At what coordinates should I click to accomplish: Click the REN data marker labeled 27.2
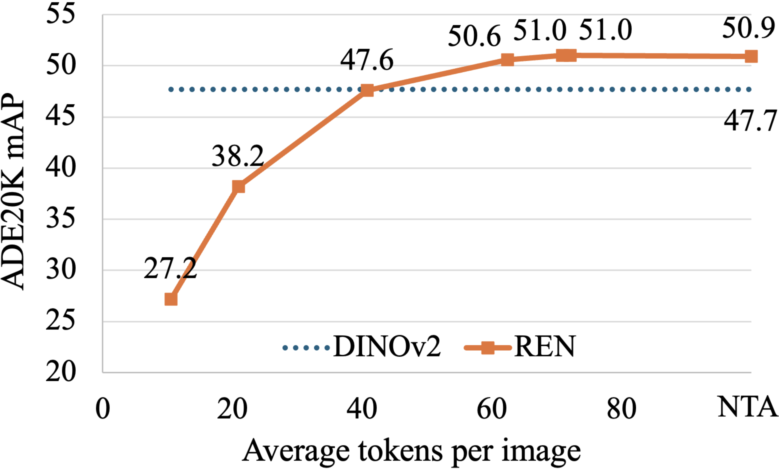click(171, 299)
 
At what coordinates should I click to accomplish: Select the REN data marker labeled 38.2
click(238, 186)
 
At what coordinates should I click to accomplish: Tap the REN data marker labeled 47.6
click(367, 90)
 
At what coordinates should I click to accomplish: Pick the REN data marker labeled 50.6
click(508, 59)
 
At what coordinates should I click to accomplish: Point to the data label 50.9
click(748, 29)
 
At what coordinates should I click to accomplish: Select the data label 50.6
click(474, 36)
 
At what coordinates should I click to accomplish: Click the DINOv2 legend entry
click(362, 347)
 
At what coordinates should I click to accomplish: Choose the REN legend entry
click(520, 347)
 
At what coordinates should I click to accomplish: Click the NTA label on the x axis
click(748, 407)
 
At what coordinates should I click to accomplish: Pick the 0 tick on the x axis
click(103, 409)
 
